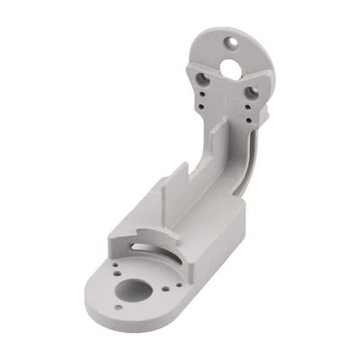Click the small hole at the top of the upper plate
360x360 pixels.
(x=232, y=42)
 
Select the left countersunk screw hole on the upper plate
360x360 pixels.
(x=203, y=79)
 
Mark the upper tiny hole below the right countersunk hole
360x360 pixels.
(x=249, y=108)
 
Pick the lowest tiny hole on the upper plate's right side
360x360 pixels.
(x=249, y=119)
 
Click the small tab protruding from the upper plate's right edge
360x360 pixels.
(x=266, y=112)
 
